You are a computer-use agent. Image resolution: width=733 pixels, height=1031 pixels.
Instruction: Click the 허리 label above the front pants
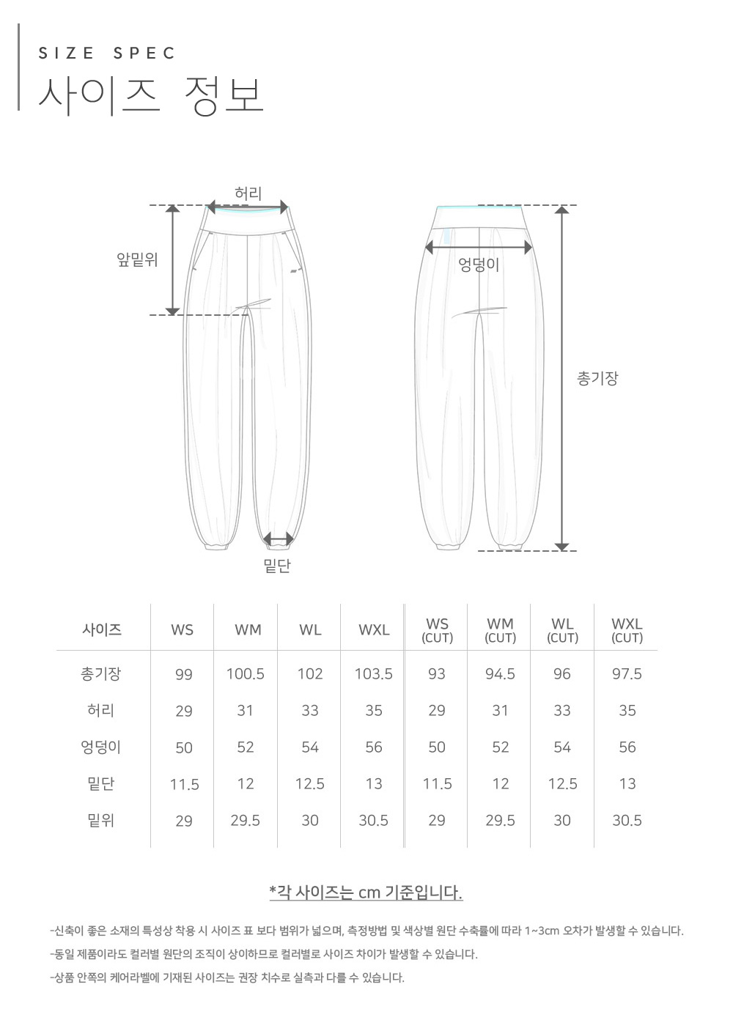(x=248, y=193)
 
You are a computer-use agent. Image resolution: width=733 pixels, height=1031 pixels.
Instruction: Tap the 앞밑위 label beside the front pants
(x=137, y=260)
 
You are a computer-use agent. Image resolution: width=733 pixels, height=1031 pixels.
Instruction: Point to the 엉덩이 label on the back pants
(x=479, y=265)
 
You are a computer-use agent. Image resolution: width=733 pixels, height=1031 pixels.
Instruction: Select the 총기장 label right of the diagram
(x=597, y=378)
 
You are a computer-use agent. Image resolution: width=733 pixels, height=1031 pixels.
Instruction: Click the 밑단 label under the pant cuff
(x=277, y=566)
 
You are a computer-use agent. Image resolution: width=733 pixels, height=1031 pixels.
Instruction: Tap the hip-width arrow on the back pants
(x=479, y=248)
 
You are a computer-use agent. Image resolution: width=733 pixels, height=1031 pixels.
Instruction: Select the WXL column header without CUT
(x=374, y=629)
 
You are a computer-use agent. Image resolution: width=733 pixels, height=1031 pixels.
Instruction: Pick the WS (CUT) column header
(x=437, y=630)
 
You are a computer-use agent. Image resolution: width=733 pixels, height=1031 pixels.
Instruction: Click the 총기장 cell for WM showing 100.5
(x=246, y=674)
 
